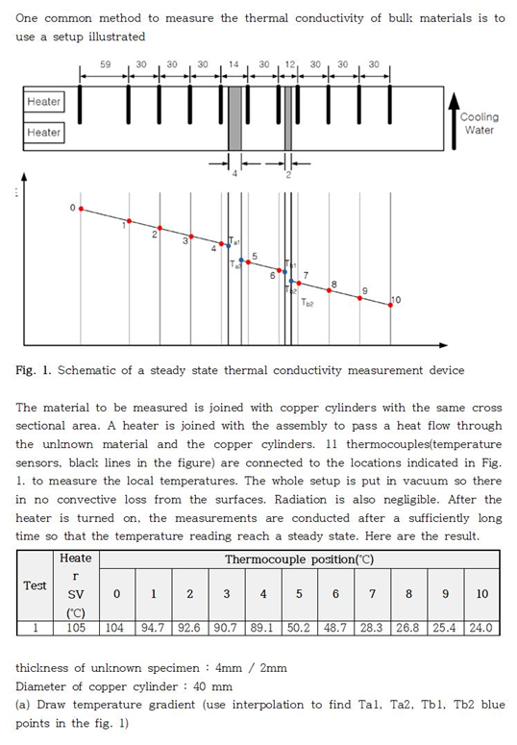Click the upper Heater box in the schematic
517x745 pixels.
tap(43, 101)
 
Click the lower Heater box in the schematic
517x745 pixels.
tap(43, 133)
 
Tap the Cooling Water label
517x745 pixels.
tap(479, 124)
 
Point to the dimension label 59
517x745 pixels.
tap(107, 64)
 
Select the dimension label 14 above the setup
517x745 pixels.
tap(234, 64)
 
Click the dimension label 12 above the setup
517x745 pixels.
tap(289, 64)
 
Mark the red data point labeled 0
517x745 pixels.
tap(81, 208)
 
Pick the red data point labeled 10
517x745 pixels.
tap(390, 306)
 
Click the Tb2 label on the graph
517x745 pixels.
tap(307, 303)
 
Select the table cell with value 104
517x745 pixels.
tap(117, 628)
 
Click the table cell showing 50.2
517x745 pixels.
tap(299, 628)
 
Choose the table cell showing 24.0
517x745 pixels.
tap(481, 628)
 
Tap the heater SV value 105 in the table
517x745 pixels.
tap(76, 628)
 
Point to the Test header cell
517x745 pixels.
tap(35, 585)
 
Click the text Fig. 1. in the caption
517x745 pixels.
tap(34, 370)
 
